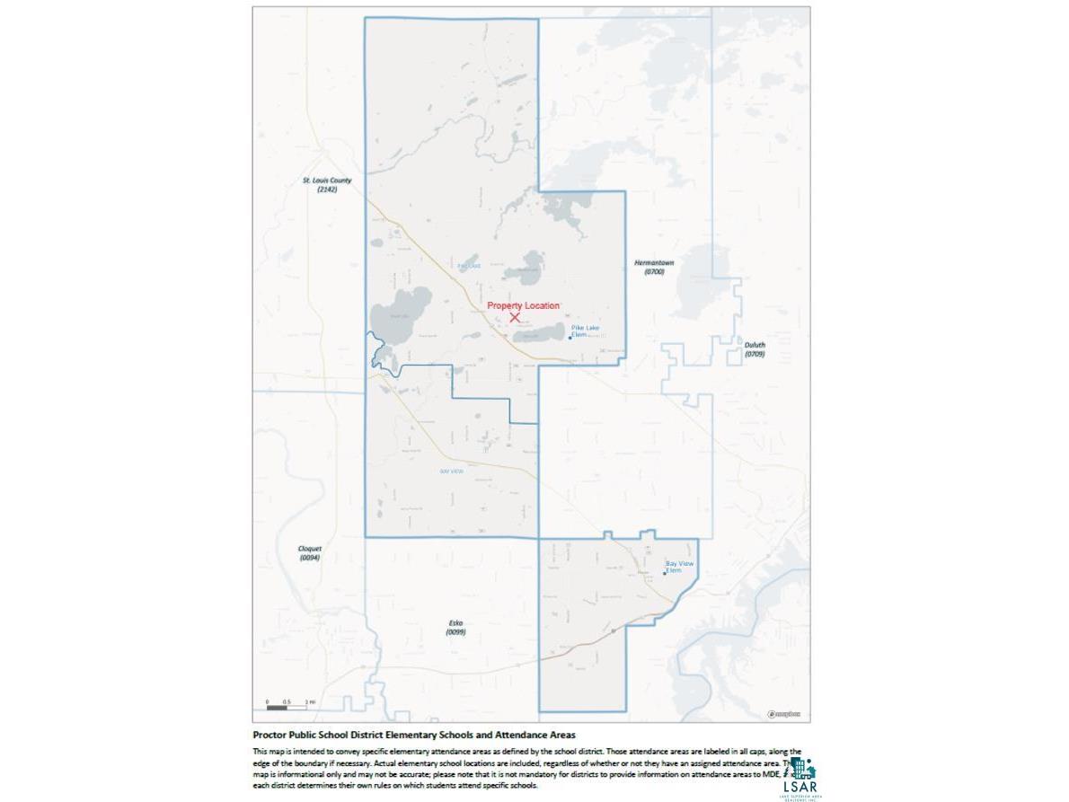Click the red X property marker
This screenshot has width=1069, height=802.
click(x=515, y=317)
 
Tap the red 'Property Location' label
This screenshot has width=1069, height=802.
click(x=523, y=306)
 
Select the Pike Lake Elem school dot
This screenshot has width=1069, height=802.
click(x=570, y=338)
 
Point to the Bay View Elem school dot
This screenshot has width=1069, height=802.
click(x=665, y=573)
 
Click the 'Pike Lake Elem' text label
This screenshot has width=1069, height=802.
click(x=585, y=330)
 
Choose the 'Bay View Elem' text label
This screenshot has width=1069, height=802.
click(x=679, y=567)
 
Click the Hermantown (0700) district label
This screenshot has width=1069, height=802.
click(x=654, y=267)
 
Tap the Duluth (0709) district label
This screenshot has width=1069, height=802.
click(x=755, y=348)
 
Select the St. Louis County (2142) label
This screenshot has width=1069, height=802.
click(x=327, y=184)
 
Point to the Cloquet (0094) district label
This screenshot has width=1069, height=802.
click(x=310, y=552)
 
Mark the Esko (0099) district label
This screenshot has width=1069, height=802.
click(x=455, y=627)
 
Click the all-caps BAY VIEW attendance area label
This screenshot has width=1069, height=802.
click(x=451, y=472)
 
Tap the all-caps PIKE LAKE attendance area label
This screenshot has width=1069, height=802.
click(x=469, y=266)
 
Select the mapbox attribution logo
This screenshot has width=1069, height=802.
click(x=783, y=714)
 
